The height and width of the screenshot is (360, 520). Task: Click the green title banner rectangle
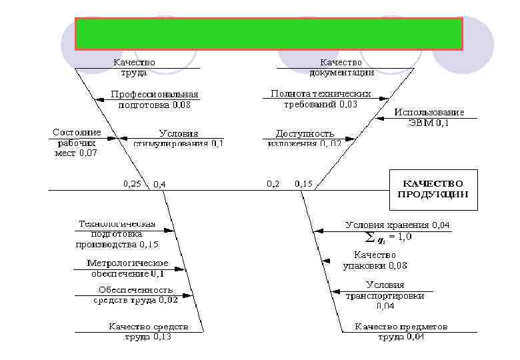click(x=269, y=34)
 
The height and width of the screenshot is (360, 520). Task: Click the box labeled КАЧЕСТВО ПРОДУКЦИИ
click(x=433, y=189)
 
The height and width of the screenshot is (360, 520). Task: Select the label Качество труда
click(x=134, y=67)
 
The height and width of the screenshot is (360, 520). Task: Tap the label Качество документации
click(x=341, y=67)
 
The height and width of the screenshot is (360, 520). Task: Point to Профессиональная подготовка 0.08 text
click(x=154, y=99)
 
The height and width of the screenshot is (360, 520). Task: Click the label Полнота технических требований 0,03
click(x=321, y=99)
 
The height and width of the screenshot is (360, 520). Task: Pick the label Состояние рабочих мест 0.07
click(x=76, y=143)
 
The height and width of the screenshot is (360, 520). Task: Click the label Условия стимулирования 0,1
click(x=179, y=138)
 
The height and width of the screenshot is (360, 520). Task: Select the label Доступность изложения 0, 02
click(x=305, y=138)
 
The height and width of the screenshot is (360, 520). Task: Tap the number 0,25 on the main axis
click(x=132, y=183)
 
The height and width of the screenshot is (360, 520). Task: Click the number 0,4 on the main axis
click(x=160, y=184)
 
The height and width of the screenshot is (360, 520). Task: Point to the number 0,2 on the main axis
click(x=273, y=183)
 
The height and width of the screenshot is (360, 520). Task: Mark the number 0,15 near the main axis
click(x=303, y=183)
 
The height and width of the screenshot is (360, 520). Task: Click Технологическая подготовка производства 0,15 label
click(x=117, y=234)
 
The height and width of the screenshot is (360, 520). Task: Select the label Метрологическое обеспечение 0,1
click(x=128, y=268)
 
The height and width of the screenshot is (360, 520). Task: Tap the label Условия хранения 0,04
click(x=397, y=225)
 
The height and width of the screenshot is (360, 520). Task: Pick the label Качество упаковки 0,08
click(x=375, y=260)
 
